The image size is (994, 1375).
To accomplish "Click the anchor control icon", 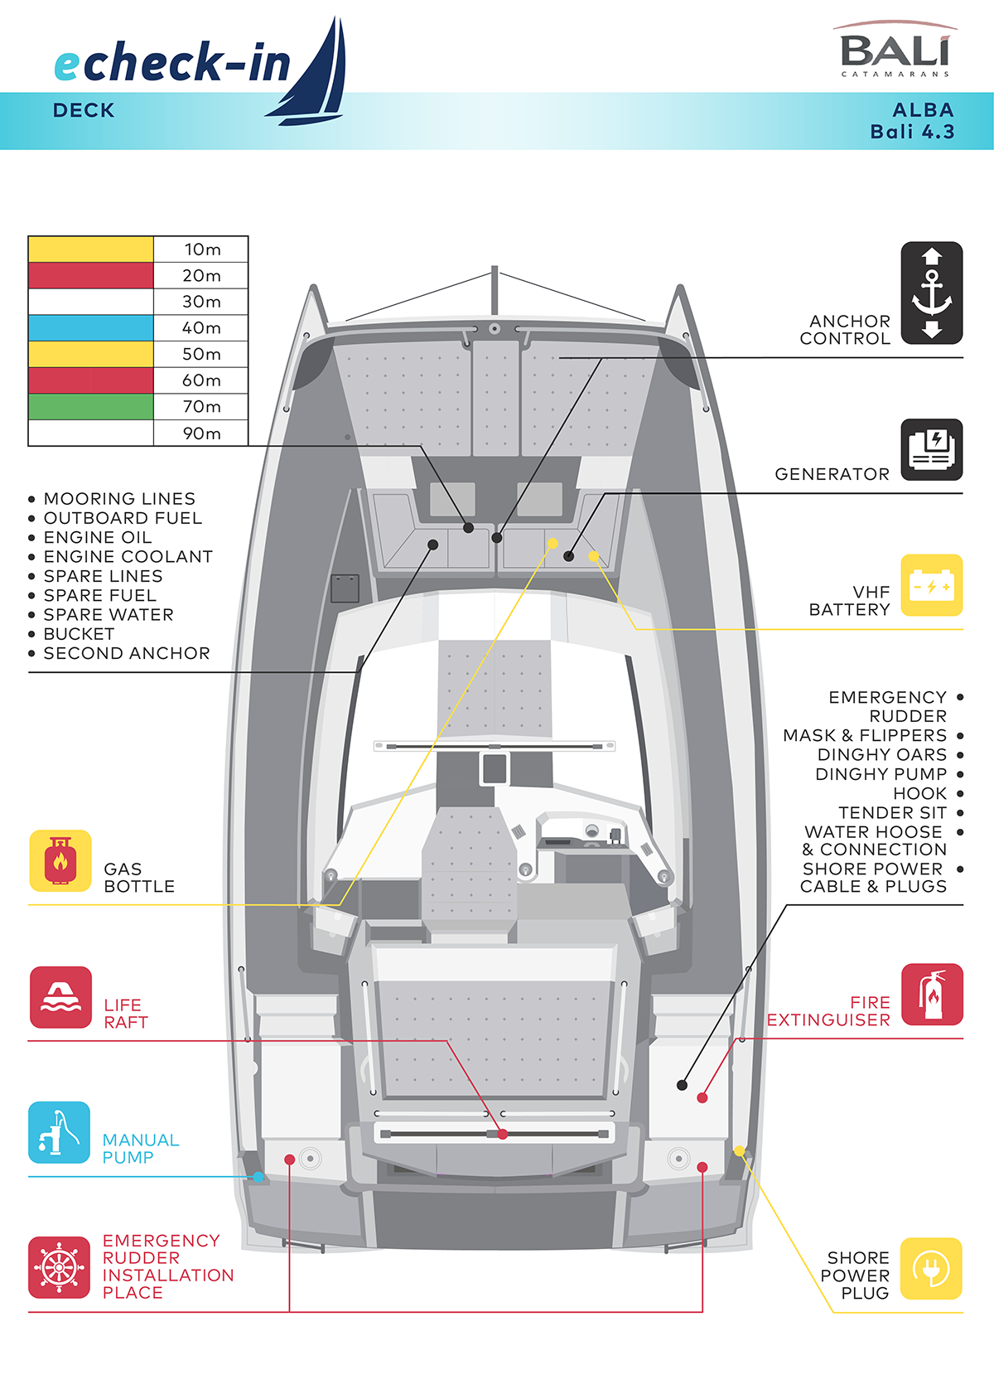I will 931,293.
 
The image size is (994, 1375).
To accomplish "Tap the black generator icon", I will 931,449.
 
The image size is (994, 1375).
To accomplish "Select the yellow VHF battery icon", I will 931,585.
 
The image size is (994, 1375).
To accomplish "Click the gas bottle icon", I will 60,860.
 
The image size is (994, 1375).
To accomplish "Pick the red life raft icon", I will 60,997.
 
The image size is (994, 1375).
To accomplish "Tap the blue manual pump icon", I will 59,1132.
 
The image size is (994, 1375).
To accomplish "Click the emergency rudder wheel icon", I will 59,1267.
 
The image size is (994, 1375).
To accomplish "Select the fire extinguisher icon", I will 932,994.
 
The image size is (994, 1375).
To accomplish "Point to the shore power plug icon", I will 931,1268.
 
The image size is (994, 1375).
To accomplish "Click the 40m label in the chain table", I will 201,328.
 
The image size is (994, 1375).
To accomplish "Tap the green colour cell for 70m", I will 91,407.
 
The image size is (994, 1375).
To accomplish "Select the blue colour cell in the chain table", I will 91,328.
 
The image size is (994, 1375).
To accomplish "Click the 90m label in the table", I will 201,433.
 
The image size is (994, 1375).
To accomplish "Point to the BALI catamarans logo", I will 895,51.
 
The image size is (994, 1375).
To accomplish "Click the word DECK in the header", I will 84,110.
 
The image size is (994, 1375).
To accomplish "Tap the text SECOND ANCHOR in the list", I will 127,653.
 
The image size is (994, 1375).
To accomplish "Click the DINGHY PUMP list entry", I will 881,774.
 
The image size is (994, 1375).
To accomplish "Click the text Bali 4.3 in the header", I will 912,132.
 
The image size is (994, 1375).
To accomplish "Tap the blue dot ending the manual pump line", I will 258,1177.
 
